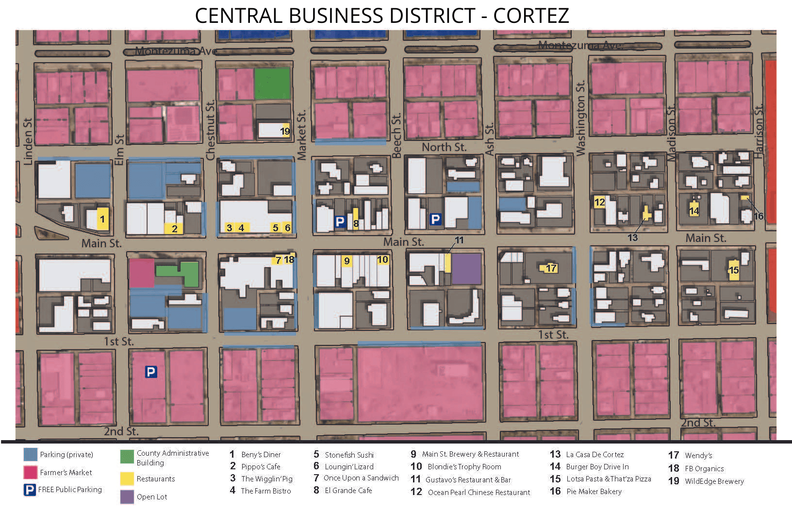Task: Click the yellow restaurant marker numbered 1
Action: pyautogui.click(x=102, y=219)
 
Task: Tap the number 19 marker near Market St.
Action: pyautogui.click(x=285, y=131)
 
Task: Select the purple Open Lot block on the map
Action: pyautogui.click(x=466, y=269)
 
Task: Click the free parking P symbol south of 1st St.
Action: pyautogui.click(x=151, y=372)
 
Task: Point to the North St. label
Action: pyautogui.click(x=444, y=147)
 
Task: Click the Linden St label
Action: pyautogui.click(x=28, y=141)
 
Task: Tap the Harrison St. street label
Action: pyautogui.click(x=759, y=131)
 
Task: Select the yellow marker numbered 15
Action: pyautogui.click(x=734, y=270)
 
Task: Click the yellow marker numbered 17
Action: pyautogui.click(x=551, y=268)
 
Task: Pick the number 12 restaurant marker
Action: pyautogui.click(x=600, y=202)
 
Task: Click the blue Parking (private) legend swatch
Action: pyautogui.click(x=30, y=455)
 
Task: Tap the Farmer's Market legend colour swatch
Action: pyautogui.click(x=30, y=472)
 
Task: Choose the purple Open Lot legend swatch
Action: pyautogui.click(x=127, y=496)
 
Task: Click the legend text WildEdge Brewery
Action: pyautogui.click(x=714, y=481)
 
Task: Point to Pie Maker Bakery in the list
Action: pyautogui.click(x=594, y=492)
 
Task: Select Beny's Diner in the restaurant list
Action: pyautogui.click(x=261, y=455)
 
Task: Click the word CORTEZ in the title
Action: pyautogui.click(x=531, y=16)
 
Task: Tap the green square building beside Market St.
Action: pyautogui.click(x=272, y=84)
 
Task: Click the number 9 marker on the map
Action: pyautogui.click(x=346, y=261)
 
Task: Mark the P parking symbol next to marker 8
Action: pyautogui.click(x=340, y=222)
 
